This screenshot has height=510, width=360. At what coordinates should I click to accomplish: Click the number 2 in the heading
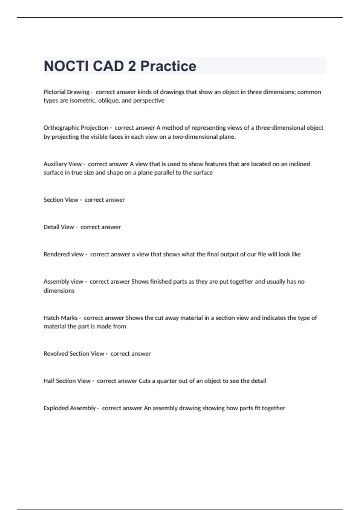[x=132, y=66]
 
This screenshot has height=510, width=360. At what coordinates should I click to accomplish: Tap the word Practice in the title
[x=168, y=66]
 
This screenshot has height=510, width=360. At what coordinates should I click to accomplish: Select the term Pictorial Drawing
[x=66, y=92]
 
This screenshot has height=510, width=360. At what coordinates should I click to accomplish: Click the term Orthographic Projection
[x=76, y=128]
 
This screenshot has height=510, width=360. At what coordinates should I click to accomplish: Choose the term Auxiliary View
[x=63, y=164]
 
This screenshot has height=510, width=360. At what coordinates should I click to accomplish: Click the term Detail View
[x=59, y=227]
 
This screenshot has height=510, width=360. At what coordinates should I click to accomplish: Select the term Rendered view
[x=64, y=254]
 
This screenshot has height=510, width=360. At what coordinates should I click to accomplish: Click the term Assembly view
[x=63, y=282]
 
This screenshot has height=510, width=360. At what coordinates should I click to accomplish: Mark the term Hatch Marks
[x=60, y=318]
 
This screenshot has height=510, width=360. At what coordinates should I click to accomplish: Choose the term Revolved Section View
[x=74, y=354]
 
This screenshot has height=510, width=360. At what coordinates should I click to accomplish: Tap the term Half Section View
[x=67, y=381]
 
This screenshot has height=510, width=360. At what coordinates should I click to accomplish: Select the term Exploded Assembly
[x=70, y=408]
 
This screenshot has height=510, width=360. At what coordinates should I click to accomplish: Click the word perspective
[x=148, y=100]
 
